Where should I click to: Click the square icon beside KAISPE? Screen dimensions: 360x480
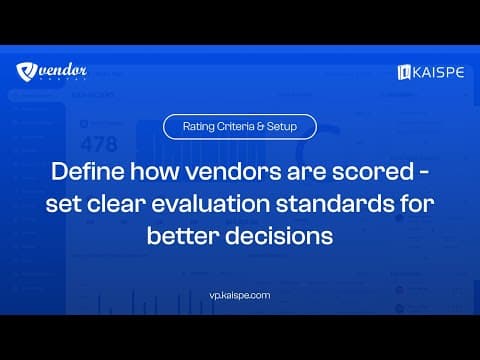click(405, 72)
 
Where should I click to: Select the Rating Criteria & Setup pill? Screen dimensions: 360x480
click(240, 127)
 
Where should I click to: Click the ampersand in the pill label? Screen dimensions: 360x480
click(263, 127)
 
